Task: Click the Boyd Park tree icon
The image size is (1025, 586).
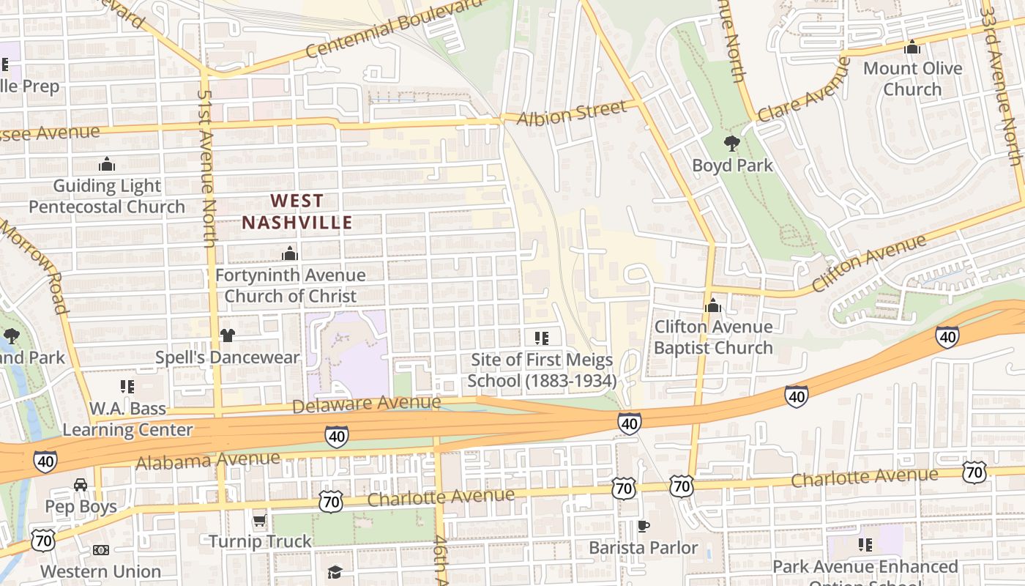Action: coord(731,143)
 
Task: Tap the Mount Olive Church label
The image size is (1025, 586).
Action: coord(912,79)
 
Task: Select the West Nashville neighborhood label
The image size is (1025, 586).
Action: coord(297,211)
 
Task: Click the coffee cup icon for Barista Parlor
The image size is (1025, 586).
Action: coord(643,526)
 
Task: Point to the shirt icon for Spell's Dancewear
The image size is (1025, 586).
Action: coord(227,335)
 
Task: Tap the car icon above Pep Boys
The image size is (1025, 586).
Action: coord(81,485)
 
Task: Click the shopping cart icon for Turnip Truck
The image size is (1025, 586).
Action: coord(259,521)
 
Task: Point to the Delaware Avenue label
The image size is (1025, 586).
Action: coord(366,404)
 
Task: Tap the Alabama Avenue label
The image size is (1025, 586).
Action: coord(208,461)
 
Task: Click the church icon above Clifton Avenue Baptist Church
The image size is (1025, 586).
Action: coord(712,305)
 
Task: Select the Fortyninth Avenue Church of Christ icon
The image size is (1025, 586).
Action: coord(290,253)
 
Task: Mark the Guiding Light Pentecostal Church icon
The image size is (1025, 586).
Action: coord(107,163)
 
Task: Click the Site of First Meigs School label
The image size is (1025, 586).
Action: coord(542,370)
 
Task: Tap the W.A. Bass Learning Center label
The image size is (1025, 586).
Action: coord(127,419)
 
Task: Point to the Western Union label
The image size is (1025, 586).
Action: coord(100,571)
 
